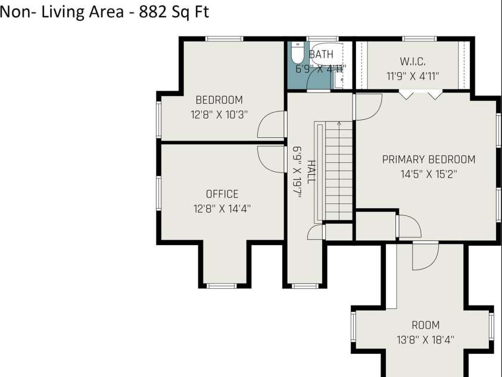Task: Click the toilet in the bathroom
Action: tap(297, 53)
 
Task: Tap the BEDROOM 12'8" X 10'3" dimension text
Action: tap(219, 115)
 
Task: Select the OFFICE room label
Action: tap(222, 194)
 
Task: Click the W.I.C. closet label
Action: tap(413, 61)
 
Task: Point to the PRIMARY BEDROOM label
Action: tap(429, 159)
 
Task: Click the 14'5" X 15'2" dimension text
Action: tap(429, 174)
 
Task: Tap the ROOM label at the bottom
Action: tap(426, 325)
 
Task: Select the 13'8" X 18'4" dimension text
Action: tap(426, 339)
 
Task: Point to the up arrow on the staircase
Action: tap(339, 123)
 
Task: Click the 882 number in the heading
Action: tap(152, 12)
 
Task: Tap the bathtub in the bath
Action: tap(326, 54)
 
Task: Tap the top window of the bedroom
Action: tap(224, 39)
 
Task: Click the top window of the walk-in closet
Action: tap(419, 39)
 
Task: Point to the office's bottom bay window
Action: tap(222, 286)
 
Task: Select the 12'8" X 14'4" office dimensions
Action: tap(222, 209)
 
